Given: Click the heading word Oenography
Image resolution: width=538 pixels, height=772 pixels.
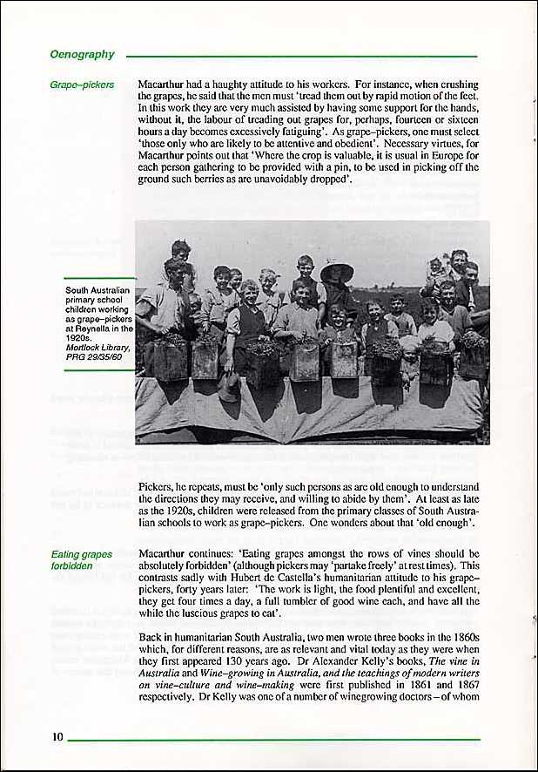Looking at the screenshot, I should (x=83, y=54).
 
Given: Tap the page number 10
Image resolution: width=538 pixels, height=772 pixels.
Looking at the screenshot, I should (x=57, y=737).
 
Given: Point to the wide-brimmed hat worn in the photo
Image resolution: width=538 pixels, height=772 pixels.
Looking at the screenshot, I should (x=337, y=273).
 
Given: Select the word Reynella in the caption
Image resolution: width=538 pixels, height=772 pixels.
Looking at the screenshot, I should (x=93, y=328).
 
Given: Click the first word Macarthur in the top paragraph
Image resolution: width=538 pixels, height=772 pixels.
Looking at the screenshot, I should (x=164, y=86).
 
